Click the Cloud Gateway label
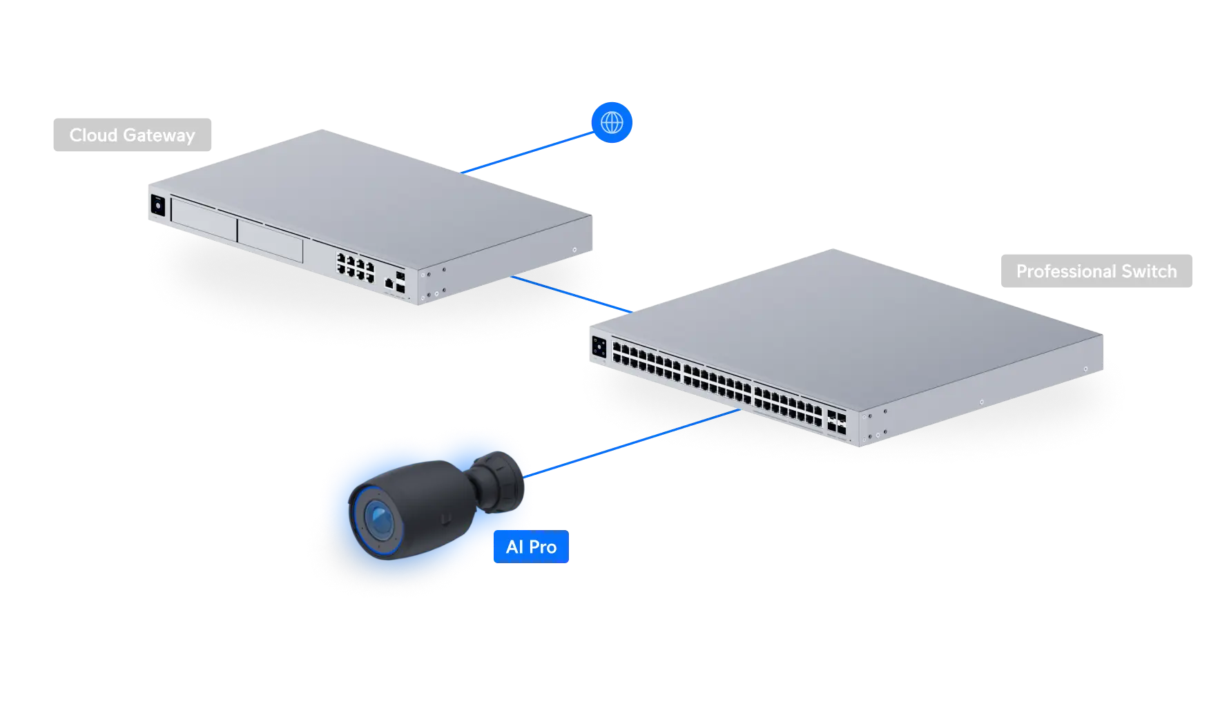click(132, 135)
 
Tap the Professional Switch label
click(1096, 272)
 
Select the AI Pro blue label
click(530, 547)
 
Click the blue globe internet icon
click(612, 122)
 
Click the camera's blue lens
click(378, 519)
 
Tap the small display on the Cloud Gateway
click(158, 205)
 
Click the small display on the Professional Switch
click(599, 347)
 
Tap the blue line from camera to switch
click(635, 441)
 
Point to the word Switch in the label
click(1149, 272)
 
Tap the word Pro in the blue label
click(543, 547)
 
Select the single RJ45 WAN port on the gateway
click(389, 283)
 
